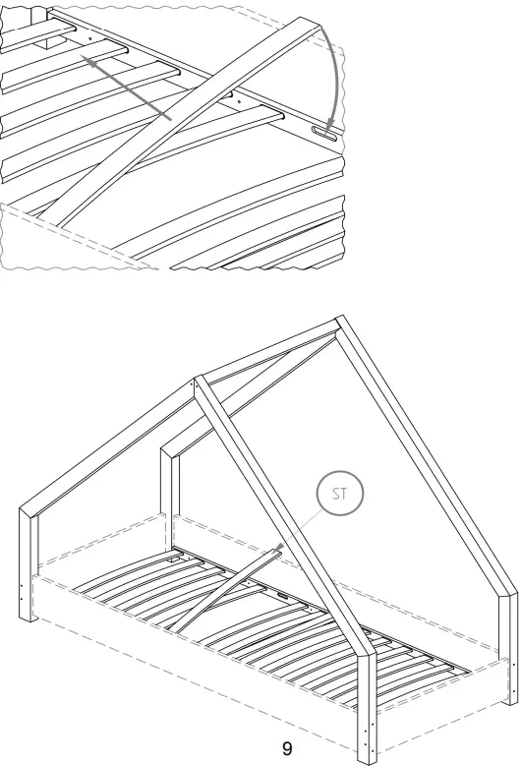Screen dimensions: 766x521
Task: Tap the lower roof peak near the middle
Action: coord(200,380)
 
